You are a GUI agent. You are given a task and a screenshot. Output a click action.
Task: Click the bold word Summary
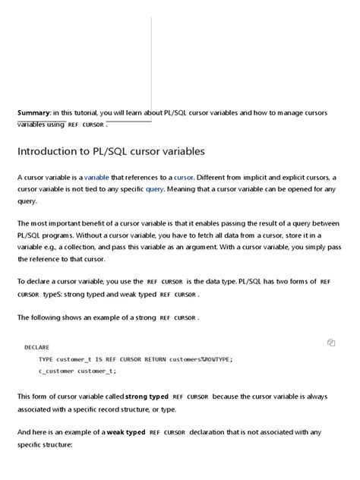pos(33,113)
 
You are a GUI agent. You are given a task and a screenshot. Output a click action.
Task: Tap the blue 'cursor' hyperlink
pos(185,177)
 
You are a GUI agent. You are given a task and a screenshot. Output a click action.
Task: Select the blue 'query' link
pos(154,189)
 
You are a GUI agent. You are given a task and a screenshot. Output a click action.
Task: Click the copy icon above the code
pos(331,343)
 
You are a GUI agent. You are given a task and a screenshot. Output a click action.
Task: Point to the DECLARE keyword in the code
pos(37,347)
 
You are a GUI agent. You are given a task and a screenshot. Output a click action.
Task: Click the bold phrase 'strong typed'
pos(147,396)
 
